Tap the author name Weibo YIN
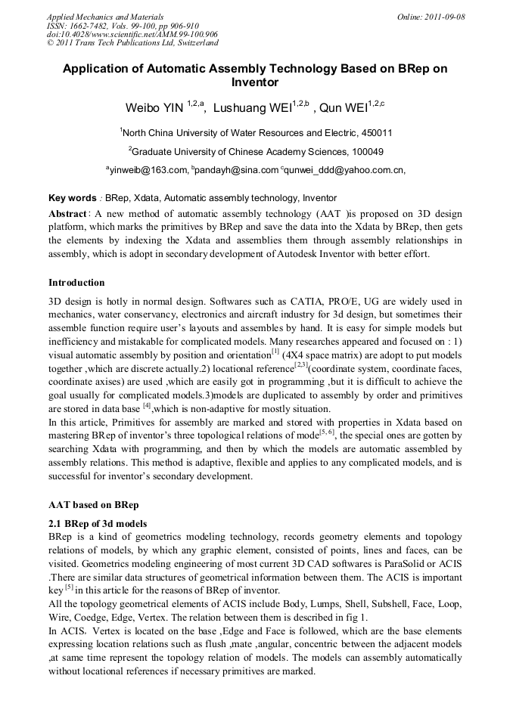coord(154,108)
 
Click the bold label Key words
coord(72,197)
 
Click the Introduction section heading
coord(76,283)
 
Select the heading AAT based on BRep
coord(95,503)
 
